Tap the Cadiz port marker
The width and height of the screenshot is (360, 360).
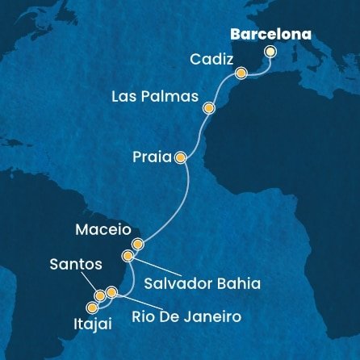(x=241, y=73)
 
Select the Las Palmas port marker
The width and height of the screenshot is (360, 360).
(x=209, y=107)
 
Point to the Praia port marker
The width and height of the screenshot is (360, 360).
(x=180, y=158)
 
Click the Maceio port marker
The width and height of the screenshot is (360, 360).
(x=138, y=243)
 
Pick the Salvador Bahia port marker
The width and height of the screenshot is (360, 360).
(x=128, y=256)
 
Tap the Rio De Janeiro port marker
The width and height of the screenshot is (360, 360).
(x=111, y=291)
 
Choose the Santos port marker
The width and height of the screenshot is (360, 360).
(x=100, y=296)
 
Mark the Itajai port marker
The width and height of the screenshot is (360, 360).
(x=92, y=308)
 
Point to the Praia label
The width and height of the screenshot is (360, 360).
(x=149, y=158)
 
